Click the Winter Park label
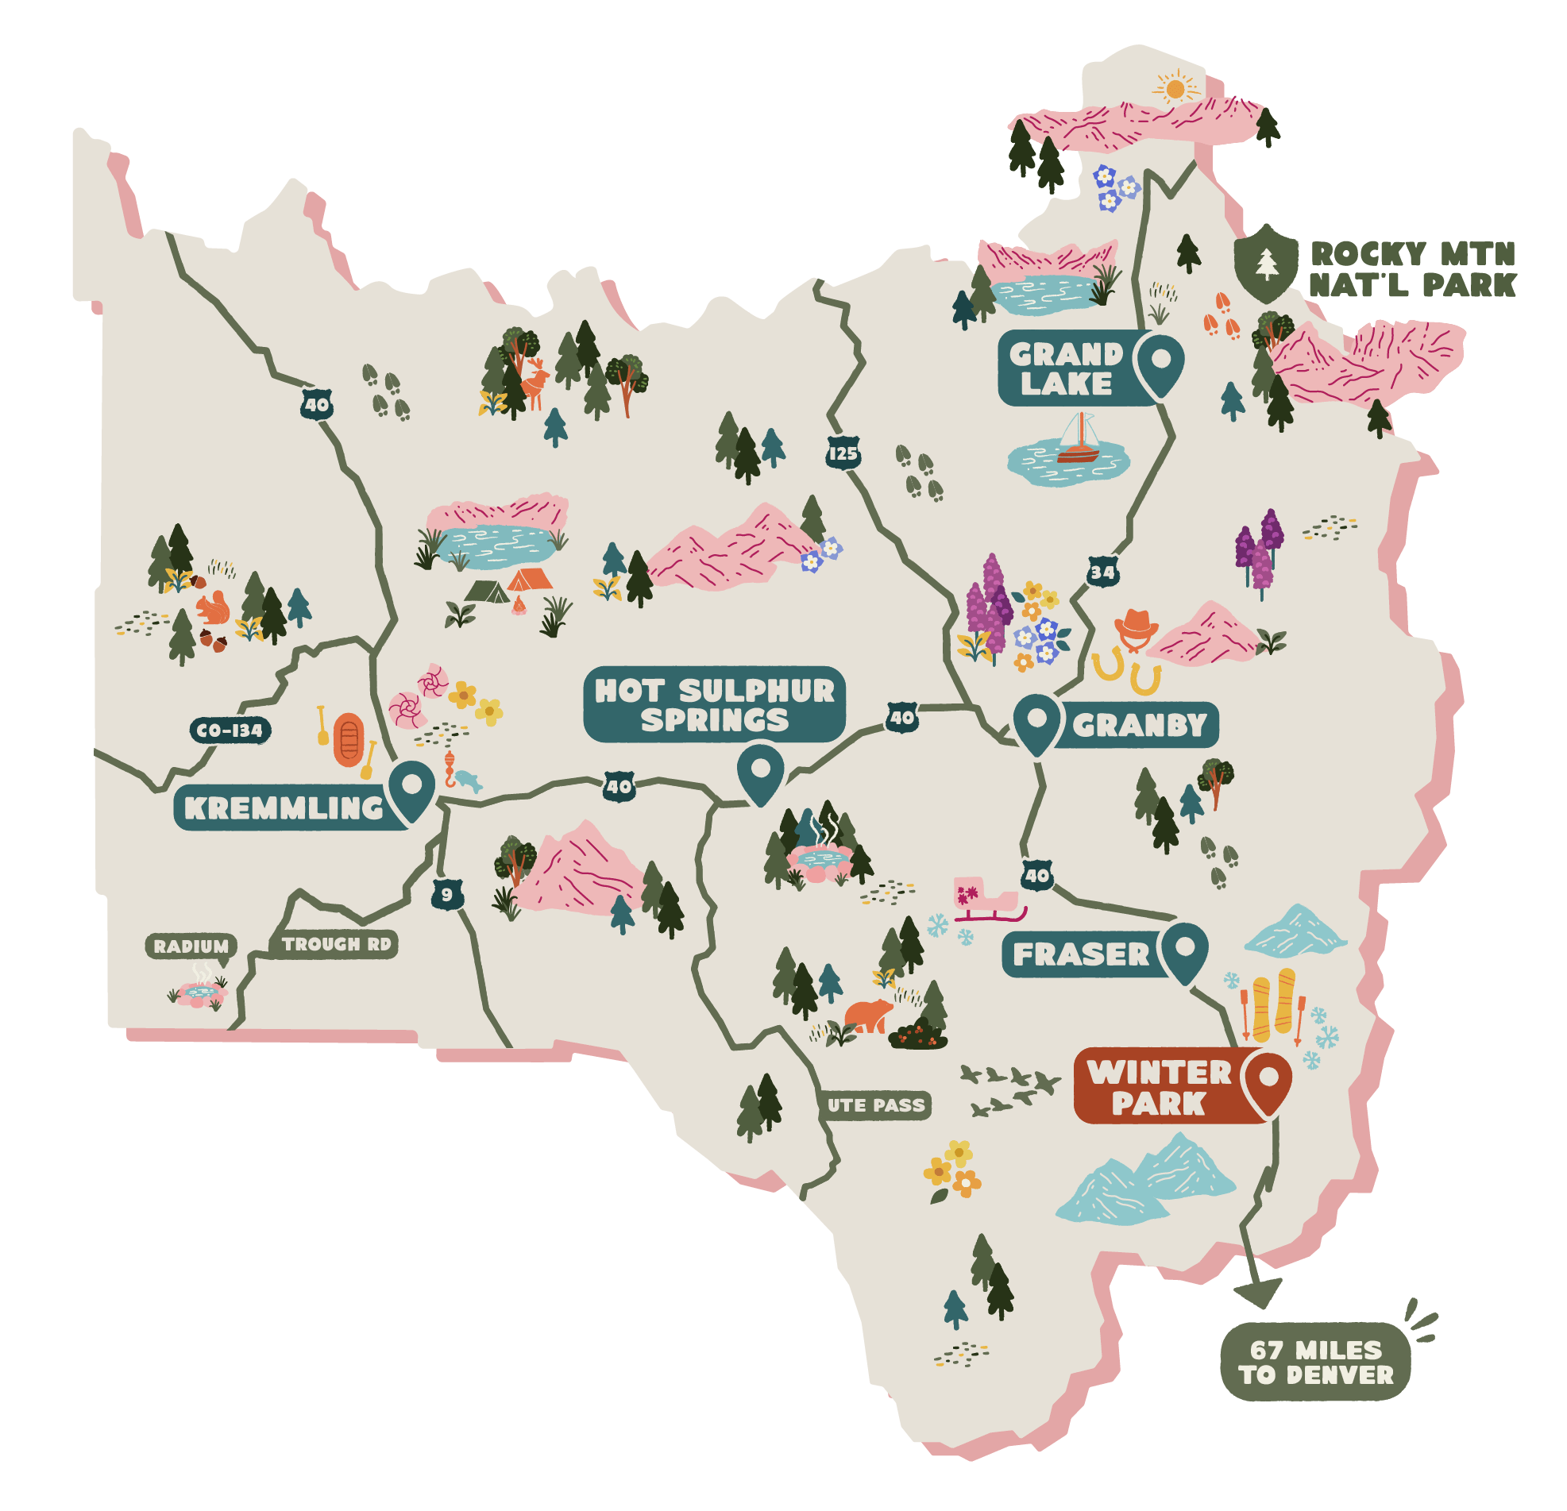[1159, 1087]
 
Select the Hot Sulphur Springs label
[714, 704]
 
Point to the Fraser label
[1080, 954]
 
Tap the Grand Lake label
[1067, 368]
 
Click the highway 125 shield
[843, 453]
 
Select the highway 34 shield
[1102, 572]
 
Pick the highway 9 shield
[447, 895]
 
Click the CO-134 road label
[230, 730]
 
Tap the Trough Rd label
[336, 944]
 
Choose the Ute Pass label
[876, 1106]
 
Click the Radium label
[191, 946]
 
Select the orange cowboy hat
[1135, 624]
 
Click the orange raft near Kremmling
[349, 739]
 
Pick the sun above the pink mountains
[1175, 88]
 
